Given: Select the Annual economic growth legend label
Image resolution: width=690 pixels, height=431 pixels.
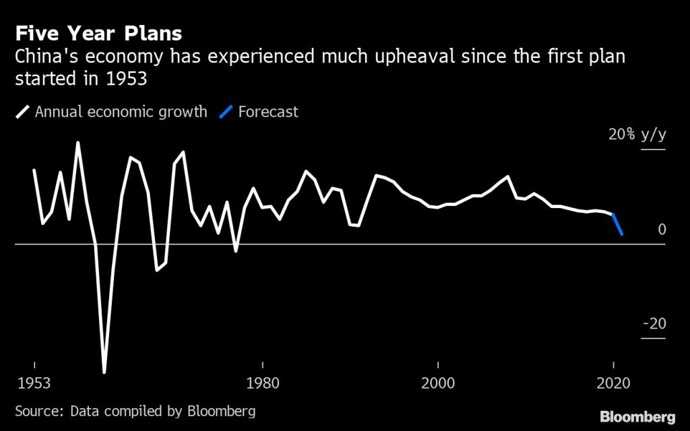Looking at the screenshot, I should (121, 112).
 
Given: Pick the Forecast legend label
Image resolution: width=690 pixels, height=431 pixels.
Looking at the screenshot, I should (268, 112).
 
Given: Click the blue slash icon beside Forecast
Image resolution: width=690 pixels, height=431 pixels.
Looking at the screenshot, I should (226, 112).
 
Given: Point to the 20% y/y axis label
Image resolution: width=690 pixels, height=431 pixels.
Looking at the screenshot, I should (637, 134).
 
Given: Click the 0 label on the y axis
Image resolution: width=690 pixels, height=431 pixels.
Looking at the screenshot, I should (662, 230).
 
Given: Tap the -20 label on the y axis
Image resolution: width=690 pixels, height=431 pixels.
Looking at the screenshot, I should (654, 324).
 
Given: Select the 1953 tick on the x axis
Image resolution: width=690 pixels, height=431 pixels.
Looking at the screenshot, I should (34, 384).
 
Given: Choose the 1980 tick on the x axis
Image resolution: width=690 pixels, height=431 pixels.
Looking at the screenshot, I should (263, 384).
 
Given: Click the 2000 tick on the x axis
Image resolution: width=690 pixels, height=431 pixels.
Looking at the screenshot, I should (438, 384).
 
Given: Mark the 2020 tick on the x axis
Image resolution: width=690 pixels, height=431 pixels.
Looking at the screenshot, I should (613, 384).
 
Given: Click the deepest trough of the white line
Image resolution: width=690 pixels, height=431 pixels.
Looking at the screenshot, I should (104, 372).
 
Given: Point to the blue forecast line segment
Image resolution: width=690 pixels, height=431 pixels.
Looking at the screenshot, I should (617, 224).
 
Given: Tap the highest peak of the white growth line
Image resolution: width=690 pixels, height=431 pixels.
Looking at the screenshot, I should (78, 143).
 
